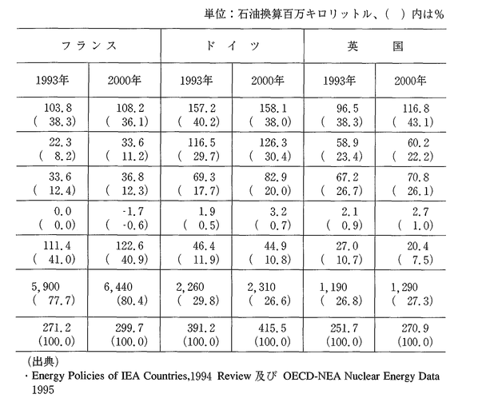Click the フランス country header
tap(90, 46)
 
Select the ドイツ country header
tap(233, 46)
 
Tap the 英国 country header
tap(375, 46)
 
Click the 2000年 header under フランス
tap(124, 80)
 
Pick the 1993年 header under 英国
tap(339, 81)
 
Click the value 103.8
tap(58, 108)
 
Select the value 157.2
tap(201, 108)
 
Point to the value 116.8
tap(416, 108)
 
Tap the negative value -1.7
tap(133, 211)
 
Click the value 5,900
tap(46, 287)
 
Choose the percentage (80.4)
tap(132, 301)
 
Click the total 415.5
tap(273, 328)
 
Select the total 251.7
tap(345, 328)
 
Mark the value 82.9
tap(276, 177)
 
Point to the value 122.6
tap(129, 245)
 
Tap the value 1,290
tap(404, 287)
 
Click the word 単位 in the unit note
tap(215, 14)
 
